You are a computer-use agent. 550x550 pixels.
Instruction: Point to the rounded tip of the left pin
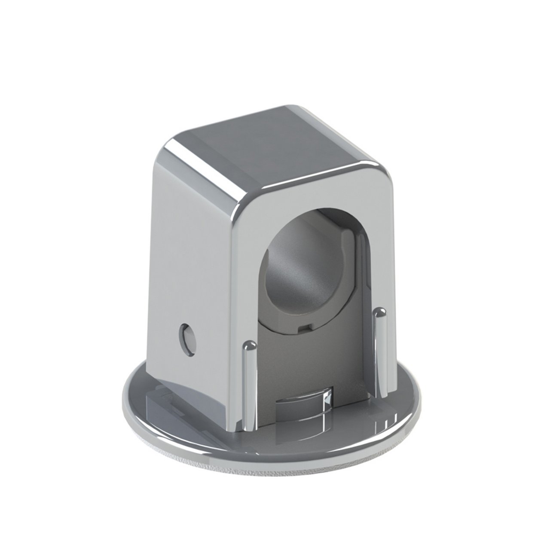pyautogui.click(x=250, y=345)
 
